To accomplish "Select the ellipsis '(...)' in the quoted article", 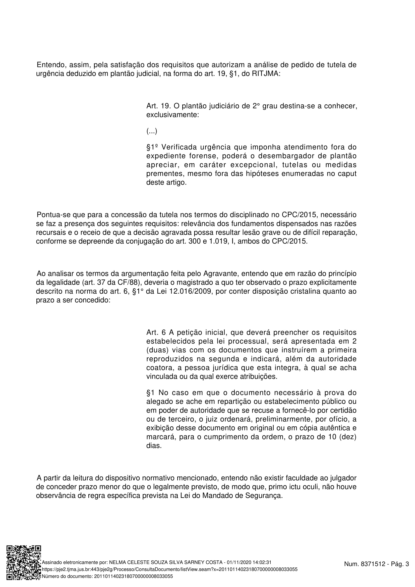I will coord(152,131).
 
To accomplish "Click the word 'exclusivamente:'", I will coord(172,115).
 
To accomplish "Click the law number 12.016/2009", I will coord(191,291).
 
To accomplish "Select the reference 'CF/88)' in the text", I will coord(128,283).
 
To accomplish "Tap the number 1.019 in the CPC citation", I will coord(221,241).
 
